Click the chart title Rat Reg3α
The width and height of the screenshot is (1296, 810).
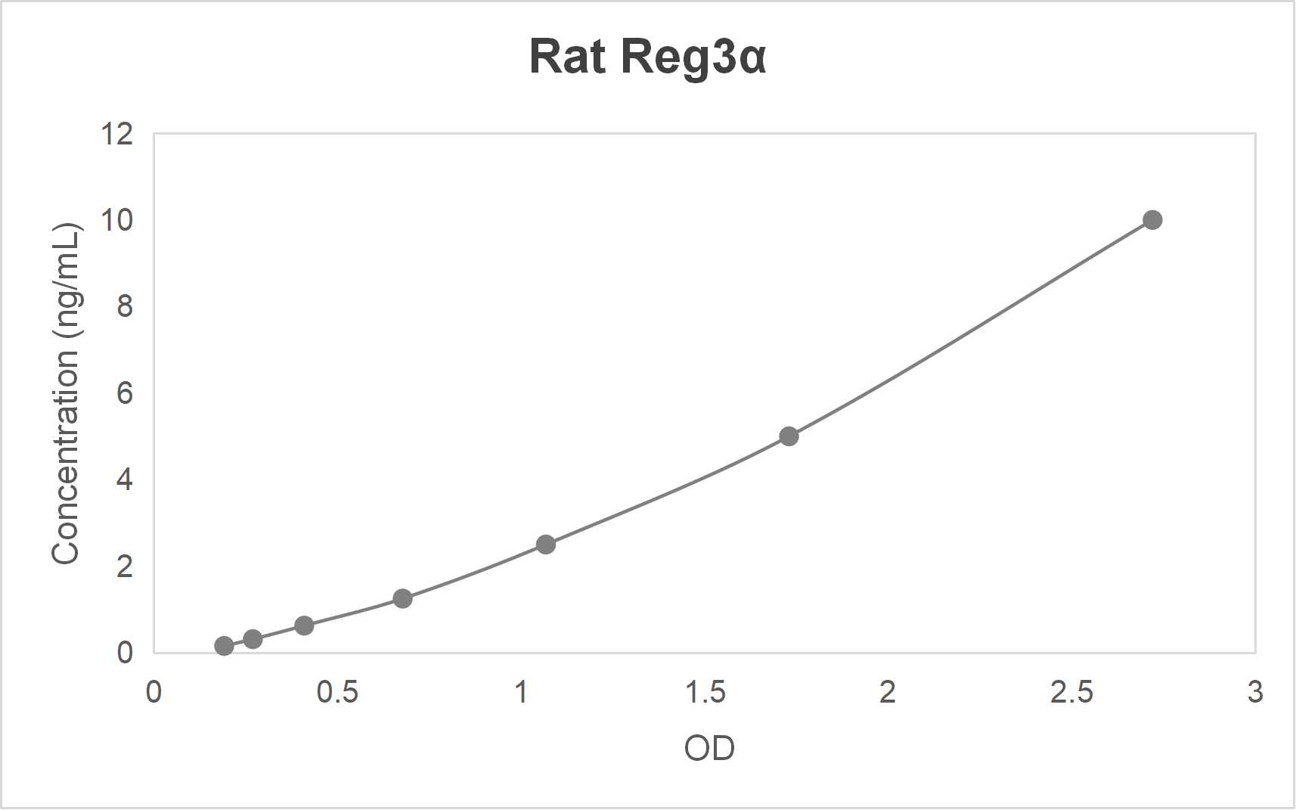(x=647, y=57)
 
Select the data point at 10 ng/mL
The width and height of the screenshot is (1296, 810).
(x=1152, y=220)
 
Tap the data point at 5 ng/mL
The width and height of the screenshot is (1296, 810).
(x=789, y=436)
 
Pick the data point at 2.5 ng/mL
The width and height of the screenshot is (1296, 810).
(x=546, y=545)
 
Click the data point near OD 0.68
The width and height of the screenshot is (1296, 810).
(x=402, y=599)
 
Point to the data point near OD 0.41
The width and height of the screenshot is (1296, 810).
(x=304, y=625)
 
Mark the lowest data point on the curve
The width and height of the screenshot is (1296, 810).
(x=224, y=646)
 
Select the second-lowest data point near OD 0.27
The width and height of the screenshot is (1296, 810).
(x=253, y=639)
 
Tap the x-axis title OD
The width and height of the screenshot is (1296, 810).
(x=708, y=749)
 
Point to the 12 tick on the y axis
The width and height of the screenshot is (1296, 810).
(x=116, y=135)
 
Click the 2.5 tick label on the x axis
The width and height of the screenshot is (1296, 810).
(x=1071, y=692)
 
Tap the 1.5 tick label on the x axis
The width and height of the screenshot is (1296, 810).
(x=705, y=692)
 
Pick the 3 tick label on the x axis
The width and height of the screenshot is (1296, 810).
(x=1255, y=692)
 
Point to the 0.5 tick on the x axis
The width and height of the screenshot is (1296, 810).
(x=337, y=692)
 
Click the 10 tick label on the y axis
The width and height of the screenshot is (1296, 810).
(x=116, y=221)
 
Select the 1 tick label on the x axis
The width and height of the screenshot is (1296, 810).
(x=521, y=692)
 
